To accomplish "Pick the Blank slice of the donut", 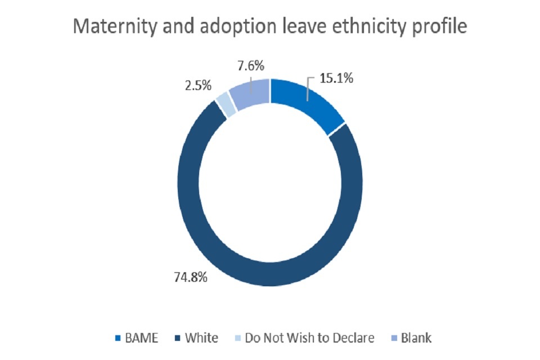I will pos(249,93).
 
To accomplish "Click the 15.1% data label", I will pos(336,78).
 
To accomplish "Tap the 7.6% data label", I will pos(250,65).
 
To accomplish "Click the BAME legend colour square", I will pos(118,339).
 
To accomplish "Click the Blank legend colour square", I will pos(393,339).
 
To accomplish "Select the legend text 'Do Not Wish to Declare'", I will pos(309,338).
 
